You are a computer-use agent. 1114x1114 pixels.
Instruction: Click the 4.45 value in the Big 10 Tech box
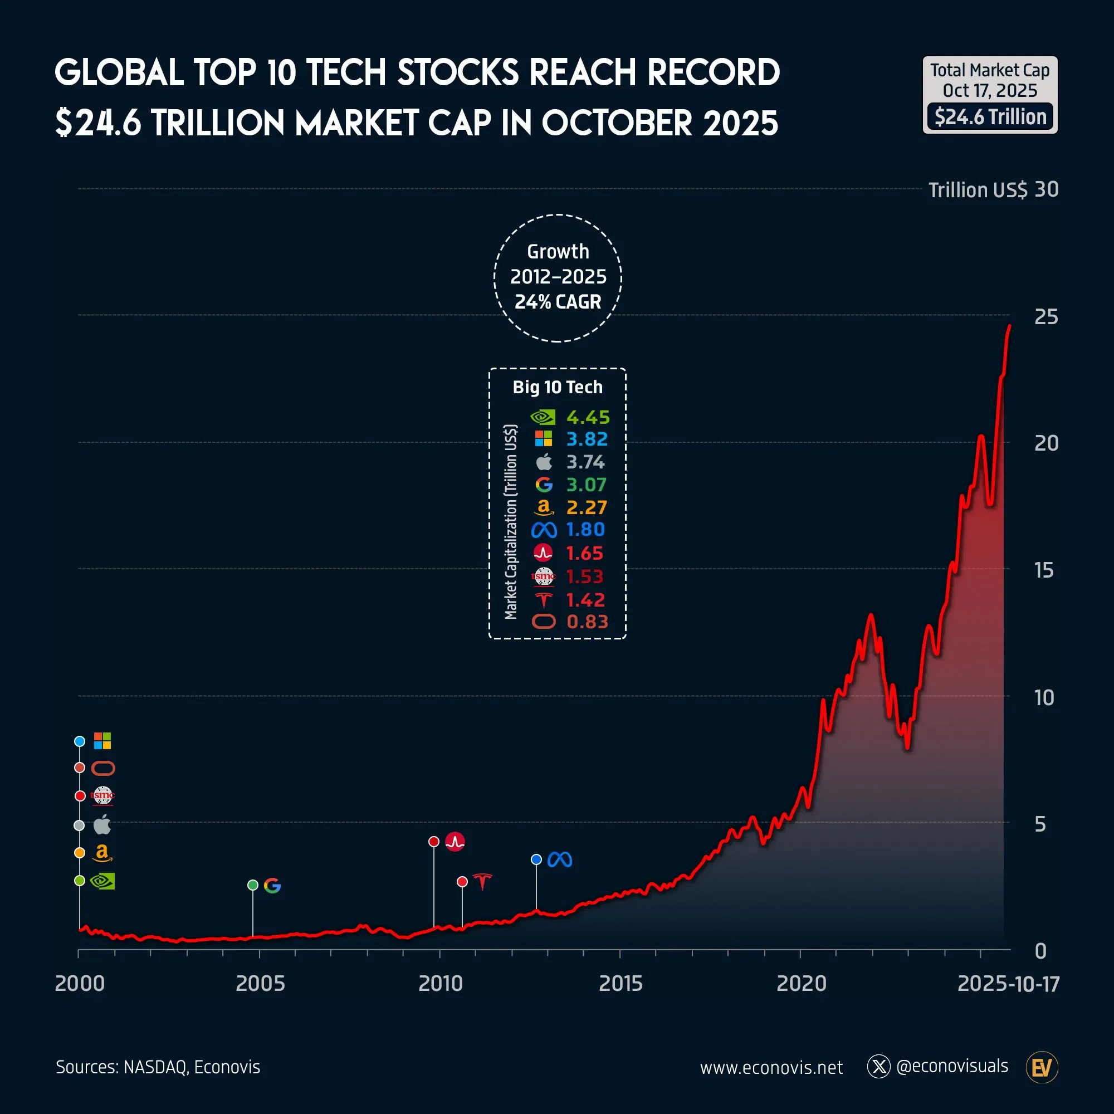click(x=588, y=417)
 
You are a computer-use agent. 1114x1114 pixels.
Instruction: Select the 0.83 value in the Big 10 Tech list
click(x=587, y=622)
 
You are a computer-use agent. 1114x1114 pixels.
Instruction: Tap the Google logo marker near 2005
click(x=272, y=886)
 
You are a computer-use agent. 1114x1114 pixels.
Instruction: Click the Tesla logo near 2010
click(x=482, y=881)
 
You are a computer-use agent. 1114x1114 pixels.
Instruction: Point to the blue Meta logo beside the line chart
click(x=559, y=859)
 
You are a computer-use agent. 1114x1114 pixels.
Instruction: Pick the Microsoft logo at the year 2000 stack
click(x=102, y=741)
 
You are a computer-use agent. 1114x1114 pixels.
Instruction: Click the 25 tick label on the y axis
click(x=1046, y=316)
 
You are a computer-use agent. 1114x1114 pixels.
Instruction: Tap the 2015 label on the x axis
click(x=620, y=983)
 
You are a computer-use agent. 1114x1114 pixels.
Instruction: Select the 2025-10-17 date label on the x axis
click(x=1008, y=983)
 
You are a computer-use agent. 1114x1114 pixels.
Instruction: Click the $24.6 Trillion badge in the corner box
click(x=990, y=117)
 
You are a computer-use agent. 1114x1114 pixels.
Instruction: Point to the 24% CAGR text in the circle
click(x=558, y=301)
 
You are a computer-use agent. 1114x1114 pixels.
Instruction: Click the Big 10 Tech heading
click(x=558, y=387)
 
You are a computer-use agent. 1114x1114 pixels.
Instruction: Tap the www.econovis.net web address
click(x=771, y=1067)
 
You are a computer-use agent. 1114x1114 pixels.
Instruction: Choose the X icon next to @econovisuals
click(x=879, y=1067)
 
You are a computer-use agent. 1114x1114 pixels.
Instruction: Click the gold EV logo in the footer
click(x=1042, y=1067)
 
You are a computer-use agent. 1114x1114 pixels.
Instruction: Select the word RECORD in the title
click(x=712, y=72)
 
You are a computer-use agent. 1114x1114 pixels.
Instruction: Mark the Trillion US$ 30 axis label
click(x=993, y=190)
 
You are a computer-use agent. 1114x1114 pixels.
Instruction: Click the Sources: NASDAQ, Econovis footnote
click(x=158, y=1067)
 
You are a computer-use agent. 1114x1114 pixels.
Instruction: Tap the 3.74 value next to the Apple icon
click(x=585, y=462)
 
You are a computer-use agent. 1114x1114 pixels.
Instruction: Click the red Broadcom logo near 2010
click(x=455, y=842)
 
